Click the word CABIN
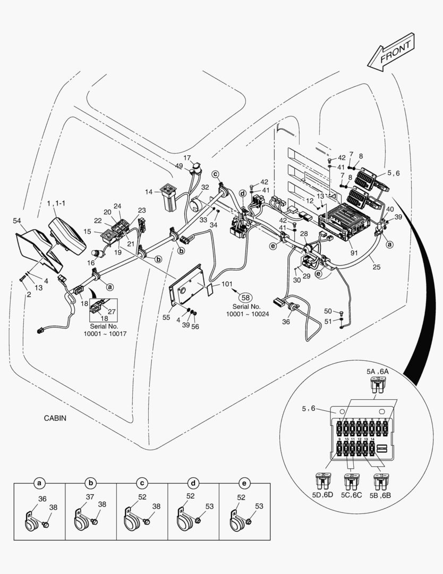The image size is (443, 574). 55,418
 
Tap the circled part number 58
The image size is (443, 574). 245,298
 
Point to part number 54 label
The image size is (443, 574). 17,221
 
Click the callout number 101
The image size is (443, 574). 227,284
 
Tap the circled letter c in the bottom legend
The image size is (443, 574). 142,483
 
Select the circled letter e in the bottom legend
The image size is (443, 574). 244,483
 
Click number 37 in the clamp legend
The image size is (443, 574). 90,496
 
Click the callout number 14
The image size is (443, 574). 149,191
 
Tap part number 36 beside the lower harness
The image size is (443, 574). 287,321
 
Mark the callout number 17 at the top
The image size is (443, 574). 187,158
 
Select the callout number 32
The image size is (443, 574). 205,187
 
